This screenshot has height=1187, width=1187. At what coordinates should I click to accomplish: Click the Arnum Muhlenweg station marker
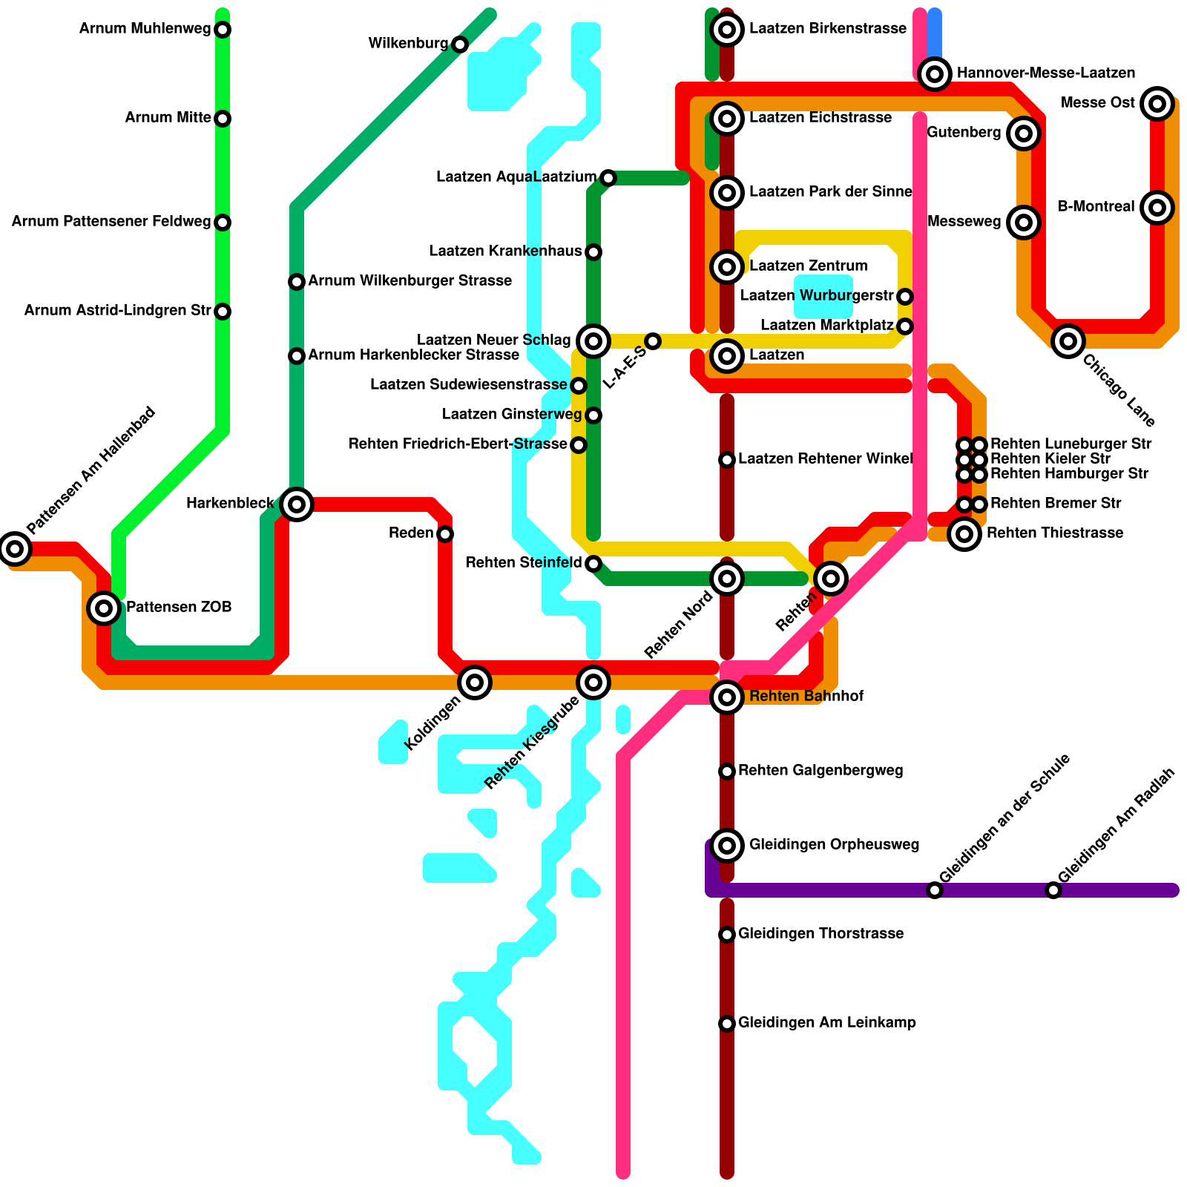pos(223,30)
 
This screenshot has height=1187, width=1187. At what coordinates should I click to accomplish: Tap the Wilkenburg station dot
pos(460,45)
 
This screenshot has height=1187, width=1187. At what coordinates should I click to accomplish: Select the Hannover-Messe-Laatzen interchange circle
pos(935,73)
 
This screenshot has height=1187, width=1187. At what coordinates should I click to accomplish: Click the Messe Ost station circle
pos(1157,103)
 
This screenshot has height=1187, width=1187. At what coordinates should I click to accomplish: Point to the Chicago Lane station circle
pos(1068,341)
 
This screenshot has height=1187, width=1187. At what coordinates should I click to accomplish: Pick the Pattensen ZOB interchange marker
pos(104,608)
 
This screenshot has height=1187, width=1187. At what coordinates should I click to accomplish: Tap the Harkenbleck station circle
pos(297,504)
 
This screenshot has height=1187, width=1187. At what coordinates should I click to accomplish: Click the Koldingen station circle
pos(475,682)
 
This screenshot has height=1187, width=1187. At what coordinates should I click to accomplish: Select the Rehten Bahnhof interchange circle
pos(727,697)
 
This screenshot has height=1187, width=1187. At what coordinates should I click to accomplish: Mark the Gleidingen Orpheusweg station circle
pos(727,845)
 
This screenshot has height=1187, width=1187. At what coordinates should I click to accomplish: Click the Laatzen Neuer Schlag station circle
pos(593,341)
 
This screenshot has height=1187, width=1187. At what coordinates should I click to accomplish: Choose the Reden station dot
pos(445,534)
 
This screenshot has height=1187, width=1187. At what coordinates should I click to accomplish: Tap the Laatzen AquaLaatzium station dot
pos(608,178)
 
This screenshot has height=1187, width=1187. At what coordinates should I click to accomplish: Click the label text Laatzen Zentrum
pos(808,266)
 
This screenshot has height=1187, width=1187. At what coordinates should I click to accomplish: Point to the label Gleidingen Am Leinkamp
pos(826,1023)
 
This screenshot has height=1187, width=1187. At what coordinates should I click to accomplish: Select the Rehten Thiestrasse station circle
pos(964,533)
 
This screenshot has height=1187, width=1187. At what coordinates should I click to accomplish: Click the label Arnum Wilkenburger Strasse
pos(410,281)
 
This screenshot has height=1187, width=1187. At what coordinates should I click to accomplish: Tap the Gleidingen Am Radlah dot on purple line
pos(1053,890)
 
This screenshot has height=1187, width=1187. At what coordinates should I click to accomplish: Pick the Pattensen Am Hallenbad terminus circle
pos(15,549)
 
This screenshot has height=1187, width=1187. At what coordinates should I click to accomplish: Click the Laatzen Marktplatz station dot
pos(905,326)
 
